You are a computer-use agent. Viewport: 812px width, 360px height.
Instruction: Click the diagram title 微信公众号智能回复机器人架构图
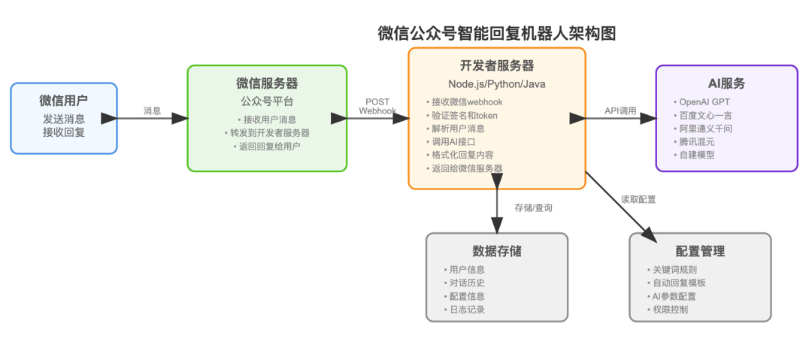pos(497,33)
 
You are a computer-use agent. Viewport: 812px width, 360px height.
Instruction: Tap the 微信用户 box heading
pos(64,101)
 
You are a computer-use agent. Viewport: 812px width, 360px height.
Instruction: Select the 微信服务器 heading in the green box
pos(267,83)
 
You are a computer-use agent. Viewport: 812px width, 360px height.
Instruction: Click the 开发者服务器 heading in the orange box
pos(497,65)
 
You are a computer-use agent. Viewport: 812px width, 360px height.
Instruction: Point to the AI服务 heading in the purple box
pos(726,83)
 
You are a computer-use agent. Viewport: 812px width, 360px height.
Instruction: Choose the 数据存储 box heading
pos(497,251)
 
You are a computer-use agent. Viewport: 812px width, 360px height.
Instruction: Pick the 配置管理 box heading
pos(700,251)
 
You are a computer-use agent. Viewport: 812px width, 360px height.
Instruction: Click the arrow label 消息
pos(153,110)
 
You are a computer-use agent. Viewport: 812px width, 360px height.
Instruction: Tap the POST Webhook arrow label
pos(377,106)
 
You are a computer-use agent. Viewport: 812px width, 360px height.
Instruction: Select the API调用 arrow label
pos(620,110)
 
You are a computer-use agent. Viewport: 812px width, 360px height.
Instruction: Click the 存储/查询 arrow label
pos(533,207)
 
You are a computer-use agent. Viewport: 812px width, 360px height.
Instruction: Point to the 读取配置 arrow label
pos(638,199)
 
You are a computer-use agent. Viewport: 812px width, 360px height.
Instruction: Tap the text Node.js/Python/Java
pos(496,83)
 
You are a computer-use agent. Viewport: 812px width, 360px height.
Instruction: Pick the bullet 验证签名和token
pos(465,115)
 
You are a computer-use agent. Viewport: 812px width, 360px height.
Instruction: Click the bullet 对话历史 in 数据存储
pos(466,283)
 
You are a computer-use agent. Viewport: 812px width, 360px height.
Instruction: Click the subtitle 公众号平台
pos(267,101)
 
